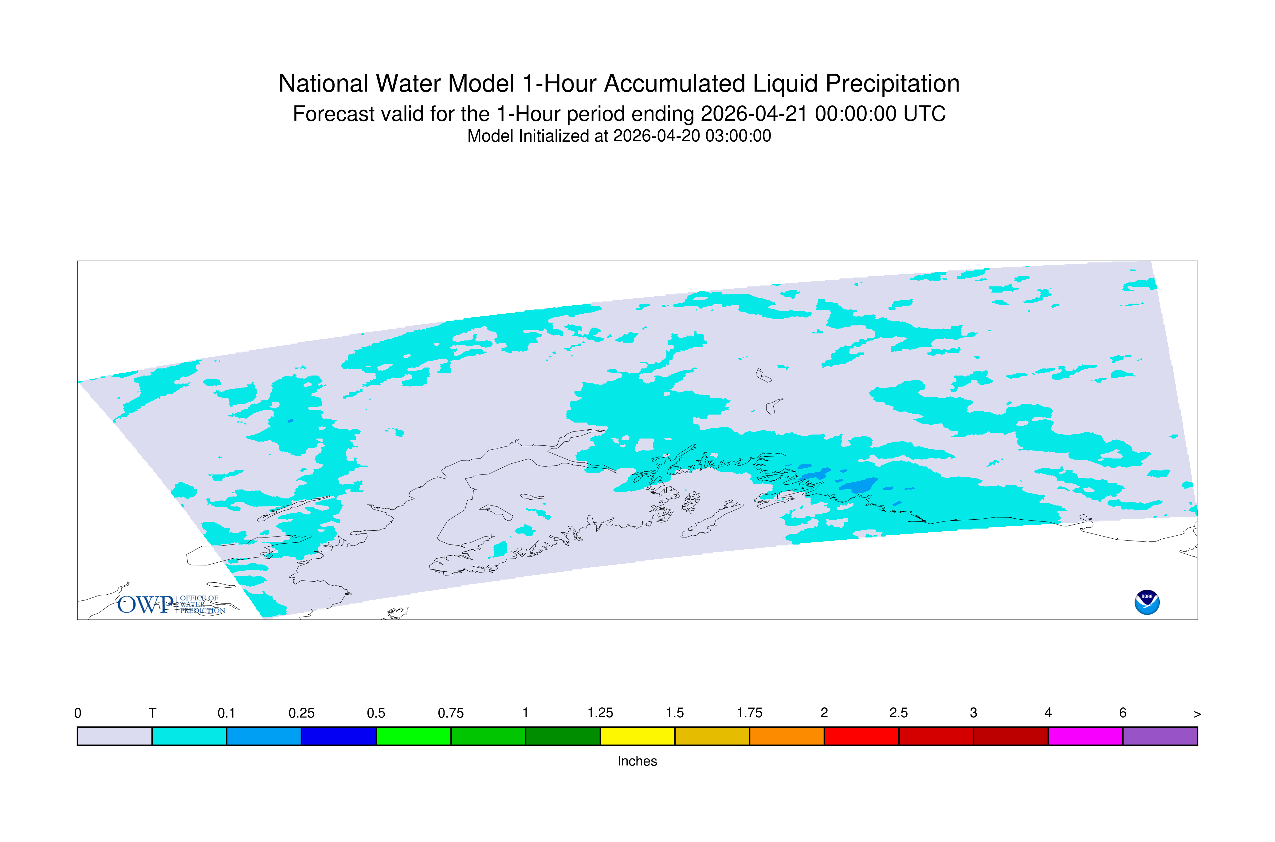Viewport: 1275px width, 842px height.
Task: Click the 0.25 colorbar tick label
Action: (301, 713)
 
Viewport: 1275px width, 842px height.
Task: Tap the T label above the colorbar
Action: (152, 713)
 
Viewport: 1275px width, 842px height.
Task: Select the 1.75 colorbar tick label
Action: (749, 713)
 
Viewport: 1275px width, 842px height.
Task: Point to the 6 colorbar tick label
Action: (1123, 713)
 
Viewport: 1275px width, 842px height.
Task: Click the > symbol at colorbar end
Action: (1197, 714)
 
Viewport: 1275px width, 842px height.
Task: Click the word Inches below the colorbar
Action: (637, 761)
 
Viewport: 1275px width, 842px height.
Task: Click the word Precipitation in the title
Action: (892, 84)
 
